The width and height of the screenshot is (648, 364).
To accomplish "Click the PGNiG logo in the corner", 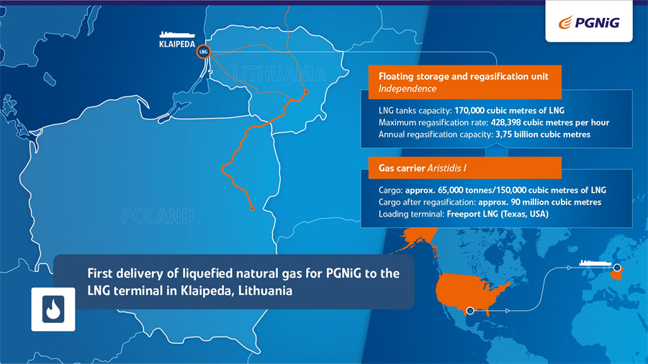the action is (x=589, y=22).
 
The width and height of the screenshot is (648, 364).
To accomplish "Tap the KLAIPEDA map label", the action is (x=177, y=44).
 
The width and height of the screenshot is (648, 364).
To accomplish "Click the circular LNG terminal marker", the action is (x=203, y=52).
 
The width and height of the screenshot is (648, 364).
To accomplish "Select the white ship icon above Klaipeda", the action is (x=177, y=34).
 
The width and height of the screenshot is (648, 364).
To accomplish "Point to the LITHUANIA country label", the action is (x=279, y=74).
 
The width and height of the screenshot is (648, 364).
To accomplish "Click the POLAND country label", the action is (x=158, y=216).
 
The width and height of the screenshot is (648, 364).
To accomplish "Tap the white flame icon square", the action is (x=53, y=309).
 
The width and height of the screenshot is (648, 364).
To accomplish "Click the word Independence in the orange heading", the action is (x=408, y=88).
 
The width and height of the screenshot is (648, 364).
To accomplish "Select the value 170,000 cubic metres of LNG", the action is (x=509, y=111).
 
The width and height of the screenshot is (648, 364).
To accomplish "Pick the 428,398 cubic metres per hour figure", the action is (x=550, y=122).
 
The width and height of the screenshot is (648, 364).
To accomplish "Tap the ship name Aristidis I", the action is (x=446, y=168).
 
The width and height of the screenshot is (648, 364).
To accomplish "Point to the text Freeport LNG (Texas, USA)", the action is (x=498, y=214).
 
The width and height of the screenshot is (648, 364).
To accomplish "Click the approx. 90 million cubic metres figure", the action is (x=540, y=202).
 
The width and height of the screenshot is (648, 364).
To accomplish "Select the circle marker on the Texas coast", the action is (x=470, y=310).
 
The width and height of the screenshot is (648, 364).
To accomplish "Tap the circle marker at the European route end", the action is (x=617, y=268).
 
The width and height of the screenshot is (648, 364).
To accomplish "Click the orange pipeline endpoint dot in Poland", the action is (x=253, y=209).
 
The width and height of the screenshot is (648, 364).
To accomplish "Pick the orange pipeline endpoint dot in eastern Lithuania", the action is (x=306, y=91).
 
